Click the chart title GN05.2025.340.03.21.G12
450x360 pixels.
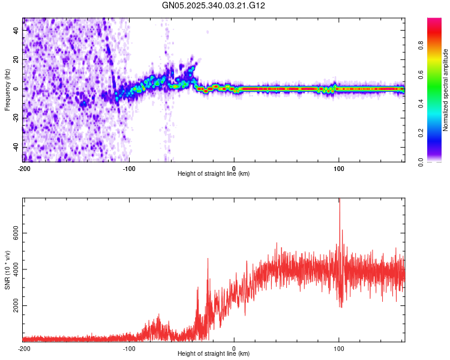tap(214, 5)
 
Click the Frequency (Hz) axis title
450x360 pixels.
tap(7, 89)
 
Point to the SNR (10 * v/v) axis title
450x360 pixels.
tap(7, 270)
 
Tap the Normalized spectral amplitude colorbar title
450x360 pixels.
tap(446, 90)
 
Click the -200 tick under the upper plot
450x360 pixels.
tap(23, 168)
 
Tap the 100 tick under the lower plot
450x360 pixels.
tap(339, 348)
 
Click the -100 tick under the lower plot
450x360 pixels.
tap(128, 348)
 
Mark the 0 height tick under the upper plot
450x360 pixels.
tap(234, 168)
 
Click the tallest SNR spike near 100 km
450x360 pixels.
tap(340, 200)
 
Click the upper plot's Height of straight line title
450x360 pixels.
tap(214, 174)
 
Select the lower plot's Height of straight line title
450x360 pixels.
tap(214, 354)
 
